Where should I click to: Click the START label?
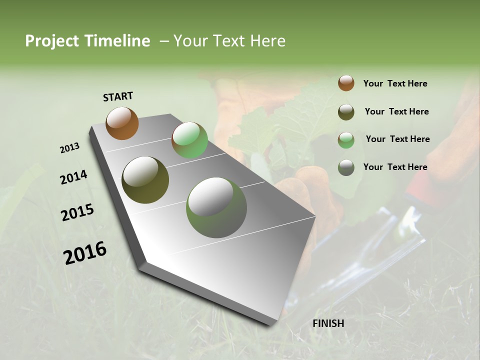[118, 96]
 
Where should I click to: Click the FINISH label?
[328, 323]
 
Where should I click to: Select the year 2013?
[70, 148]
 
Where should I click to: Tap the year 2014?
[74, 177]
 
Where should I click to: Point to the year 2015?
[77, 212]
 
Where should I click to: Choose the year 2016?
[85, 252]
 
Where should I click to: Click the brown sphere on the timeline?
[122, 123]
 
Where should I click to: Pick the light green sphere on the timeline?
[189, 140]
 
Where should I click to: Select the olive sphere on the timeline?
[145, 180]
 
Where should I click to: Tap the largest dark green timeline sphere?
[216, 207]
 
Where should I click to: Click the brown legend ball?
[346, 83]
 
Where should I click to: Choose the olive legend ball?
[346, 112]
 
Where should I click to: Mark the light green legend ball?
[346, 140]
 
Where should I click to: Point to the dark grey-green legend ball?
[346, 167]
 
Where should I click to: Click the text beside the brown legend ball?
[395, 83]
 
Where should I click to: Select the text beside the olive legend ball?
[396, 111]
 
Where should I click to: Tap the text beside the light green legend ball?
[397, 139]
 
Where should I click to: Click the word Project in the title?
[52, 41]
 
